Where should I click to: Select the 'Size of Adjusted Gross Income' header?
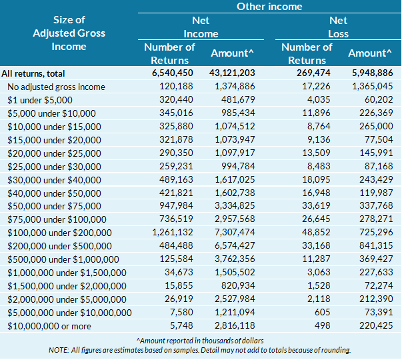pyautogui.click(x=69, y=33)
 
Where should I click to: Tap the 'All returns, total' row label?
pyautogui.click(x=42, y=74)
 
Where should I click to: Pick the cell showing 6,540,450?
pyautogui.click(x=173, y=74)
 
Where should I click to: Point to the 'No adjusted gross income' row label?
pyautogui.click(x=56, y=87)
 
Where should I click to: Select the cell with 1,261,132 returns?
pyautogui.click(x=173, y=233)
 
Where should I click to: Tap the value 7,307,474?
pyautogui.click(x=235, y=233)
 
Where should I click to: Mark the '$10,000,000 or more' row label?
pyautogui.click(x=49, y=325)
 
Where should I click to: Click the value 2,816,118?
pyautogui.click(x=235, y=325)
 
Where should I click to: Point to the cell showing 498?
pyautogui.click(x=321, y=325)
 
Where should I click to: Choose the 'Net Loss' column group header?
pyautogui.click(x=338, y=27)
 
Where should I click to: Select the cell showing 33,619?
pyautogui.click(x=317, y=206)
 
